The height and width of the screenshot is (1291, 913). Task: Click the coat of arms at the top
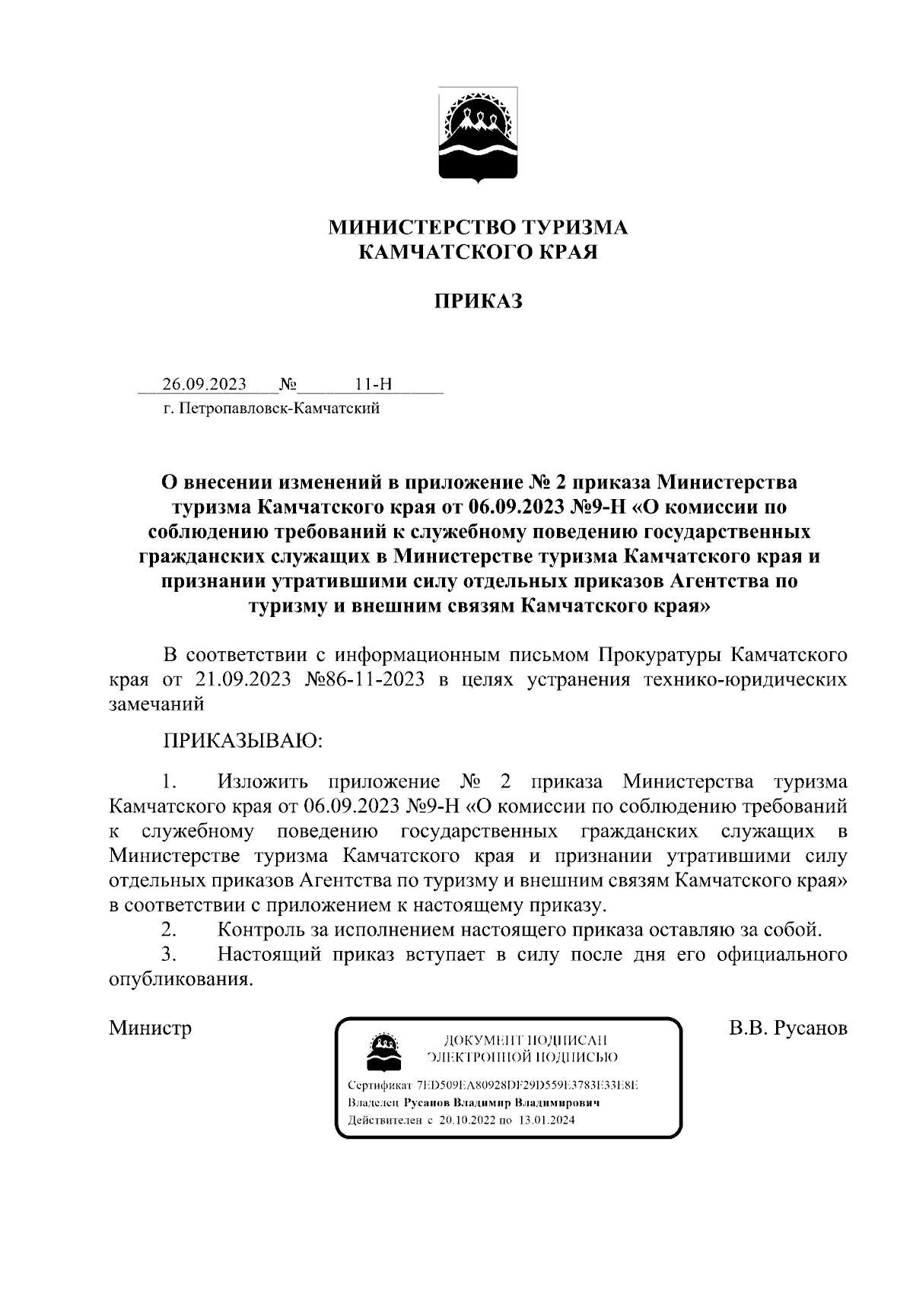point(478,135)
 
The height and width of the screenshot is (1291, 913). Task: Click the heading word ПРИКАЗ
point(478,301)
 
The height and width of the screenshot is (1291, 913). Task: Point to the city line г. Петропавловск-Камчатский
point(271,409)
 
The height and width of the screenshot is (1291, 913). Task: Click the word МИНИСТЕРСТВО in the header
point(421,227)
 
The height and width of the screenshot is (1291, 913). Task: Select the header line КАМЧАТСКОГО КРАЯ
point(478,252)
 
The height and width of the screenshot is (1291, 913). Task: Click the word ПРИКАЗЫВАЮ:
point(243,740)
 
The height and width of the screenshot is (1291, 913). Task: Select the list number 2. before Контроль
point(170,930)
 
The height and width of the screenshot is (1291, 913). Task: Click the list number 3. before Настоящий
point(170,954)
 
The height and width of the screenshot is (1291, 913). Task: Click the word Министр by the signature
point(150,1029)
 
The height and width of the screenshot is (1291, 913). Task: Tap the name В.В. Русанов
point(787,1029)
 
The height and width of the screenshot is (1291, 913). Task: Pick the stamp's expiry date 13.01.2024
point(547,1121)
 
